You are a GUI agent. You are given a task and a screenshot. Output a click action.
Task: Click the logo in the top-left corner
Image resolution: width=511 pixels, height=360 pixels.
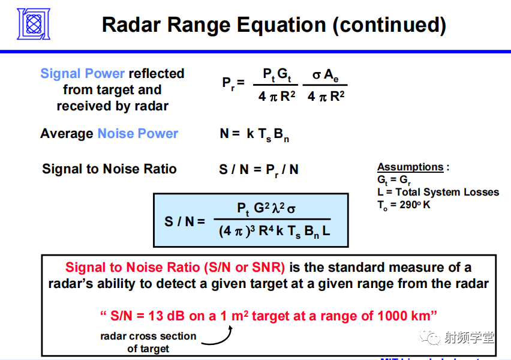pos(33,24)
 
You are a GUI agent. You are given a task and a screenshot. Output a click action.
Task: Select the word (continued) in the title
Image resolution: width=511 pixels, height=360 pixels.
pos(389,25)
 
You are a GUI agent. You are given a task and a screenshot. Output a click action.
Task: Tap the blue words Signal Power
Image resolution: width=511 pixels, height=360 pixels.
pos(83,74)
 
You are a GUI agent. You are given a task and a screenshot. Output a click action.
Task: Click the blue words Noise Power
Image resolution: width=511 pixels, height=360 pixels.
pos(137,134)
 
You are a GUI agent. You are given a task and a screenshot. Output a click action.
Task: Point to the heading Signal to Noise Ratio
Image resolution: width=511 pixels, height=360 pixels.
pos(109,169)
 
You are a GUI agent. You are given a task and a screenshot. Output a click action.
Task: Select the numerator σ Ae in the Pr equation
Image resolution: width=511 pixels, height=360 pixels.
pos(326,75)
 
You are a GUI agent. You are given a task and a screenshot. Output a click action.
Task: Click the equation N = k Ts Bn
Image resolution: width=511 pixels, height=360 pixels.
pos(254,134)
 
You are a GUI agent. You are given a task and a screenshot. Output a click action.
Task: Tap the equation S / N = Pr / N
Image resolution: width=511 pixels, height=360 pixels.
pos(258,170)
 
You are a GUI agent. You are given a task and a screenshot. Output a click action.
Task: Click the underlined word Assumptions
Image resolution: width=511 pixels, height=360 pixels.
pos(410,167)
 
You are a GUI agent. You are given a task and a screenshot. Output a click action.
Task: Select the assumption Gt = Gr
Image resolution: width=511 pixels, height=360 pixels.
pos(394,180)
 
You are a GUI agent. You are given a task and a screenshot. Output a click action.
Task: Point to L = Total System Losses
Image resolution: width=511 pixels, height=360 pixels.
pos(438,192)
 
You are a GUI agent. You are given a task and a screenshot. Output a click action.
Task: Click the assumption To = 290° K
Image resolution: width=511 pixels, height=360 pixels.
pos(404,204)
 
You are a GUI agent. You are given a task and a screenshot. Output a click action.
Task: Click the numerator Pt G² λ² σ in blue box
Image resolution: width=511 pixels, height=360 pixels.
pos(266,209)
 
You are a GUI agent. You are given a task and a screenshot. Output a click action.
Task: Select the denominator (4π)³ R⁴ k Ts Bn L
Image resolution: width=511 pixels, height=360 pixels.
pos(274,231)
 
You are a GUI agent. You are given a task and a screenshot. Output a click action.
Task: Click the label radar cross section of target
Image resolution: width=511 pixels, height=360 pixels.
pos(148,342)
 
